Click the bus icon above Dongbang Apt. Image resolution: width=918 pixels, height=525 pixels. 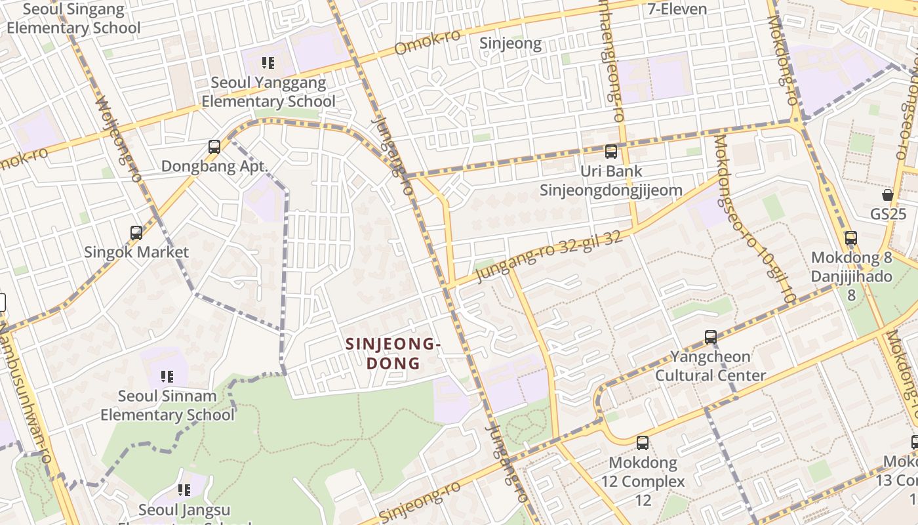tap(214, 147)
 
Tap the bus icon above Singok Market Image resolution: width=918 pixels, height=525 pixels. tap(136, 233)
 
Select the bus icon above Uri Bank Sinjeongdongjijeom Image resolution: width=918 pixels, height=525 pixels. tap(611, 152)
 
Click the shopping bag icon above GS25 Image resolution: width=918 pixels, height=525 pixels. tap(888, 195)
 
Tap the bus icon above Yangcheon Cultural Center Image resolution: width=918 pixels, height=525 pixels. tap(711, 337)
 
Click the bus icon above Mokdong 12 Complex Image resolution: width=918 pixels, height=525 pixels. tap(643, 443)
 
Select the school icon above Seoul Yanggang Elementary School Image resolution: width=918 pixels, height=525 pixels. tap(268, 63)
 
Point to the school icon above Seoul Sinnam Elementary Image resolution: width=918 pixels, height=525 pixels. tap(167, 377)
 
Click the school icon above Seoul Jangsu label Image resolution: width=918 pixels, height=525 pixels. tap(184, 490)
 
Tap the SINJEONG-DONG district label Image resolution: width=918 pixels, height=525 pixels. tap(393, 353)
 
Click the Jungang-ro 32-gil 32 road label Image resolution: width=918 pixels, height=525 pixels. tap(549, 255)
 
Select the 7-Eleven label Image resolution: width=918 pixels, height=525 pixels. tap(677, 9)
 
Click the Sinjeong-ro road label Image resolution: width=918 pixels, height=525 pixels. tap(420, 505)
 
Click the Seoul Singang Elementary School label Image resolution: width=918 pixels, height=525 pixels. tap(73, 19)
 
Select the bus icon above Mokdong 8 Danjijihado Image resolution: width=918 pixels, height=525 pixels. tap(851, 238)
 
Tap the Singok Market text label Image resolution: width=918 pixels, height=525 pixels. tap(136, 252)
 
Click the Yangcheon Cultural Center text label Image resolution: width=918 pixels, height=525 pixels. tap(711, 366)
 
